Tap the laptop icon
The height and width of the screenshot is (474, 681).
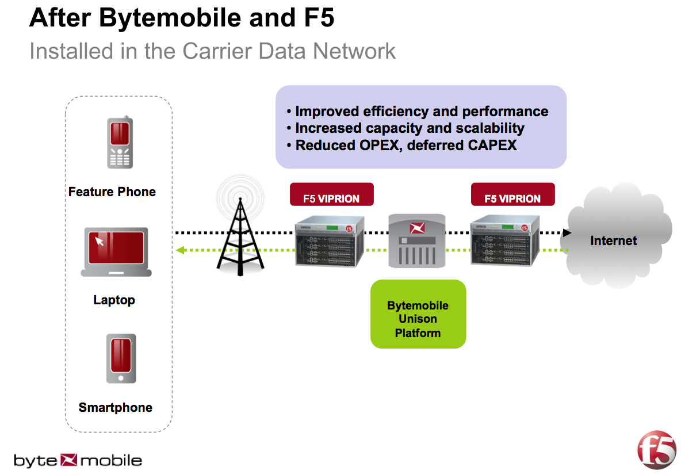pos(116,252)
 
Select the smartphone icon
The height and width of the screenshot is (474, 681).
pos(121,358)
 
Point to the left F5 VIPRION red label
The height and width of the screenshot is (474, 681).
pos(331,195)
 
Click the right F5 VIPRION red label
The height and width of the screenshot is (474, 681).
pos(512,195)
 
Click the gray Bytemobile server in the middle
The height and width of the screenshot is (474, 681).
pos(417,240)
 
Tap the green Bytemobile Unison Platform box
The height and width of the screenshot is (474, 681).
pos(418,314)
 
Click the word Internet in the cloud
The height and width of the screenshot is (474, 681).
pos(613,240)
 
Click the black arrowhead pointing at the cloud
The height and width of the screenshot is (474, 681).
pos(567,233)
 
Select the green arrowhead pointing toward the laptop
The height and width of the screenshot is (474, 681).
pos(179,250)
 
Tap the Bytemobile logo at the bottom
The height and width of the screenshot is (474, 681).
pos(78,460)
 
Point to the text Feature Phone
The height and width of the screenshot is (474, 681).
pos(112,192)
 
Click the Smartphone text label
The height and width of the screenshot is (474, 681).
pos(116,408)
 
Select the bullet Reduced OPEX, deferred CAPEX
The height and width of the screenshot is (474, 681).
pos(405,146)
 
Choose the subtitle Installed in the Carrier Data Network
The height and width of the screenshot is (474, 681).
pos(212,51)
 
